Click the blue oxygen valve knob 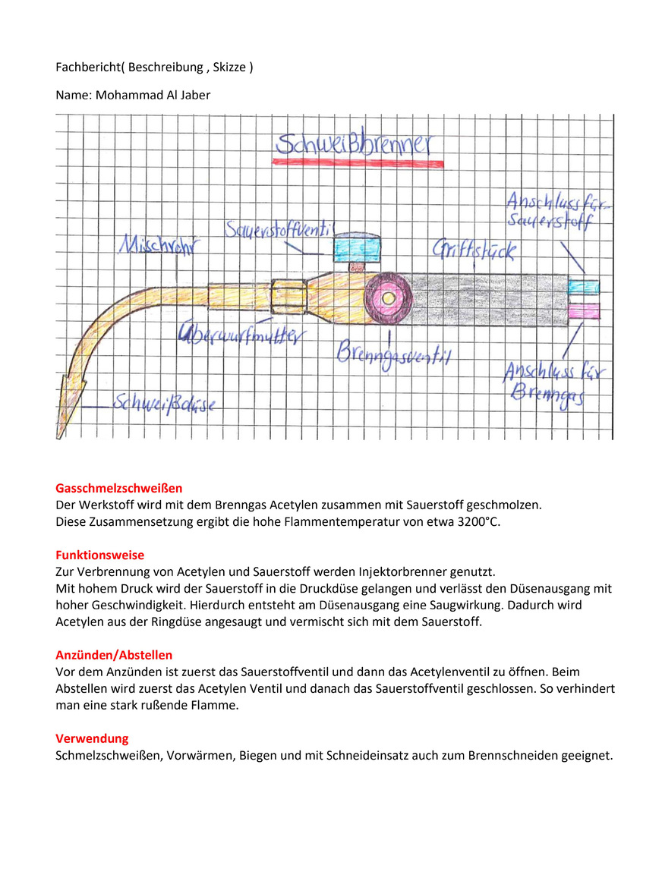[358, 247]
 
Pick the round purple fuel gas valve [388, 298]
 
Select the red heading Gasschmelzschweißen [118, 488]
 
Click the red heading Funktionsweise [99, 555]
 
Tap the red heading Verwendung [92, 738]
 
